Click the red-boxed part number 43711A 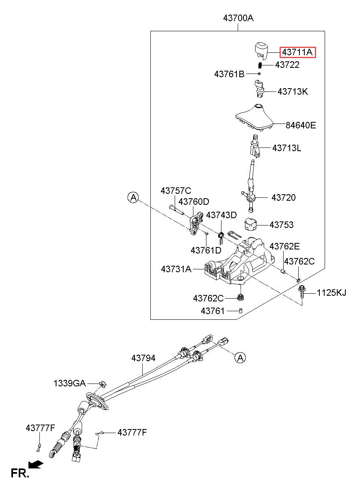click(297, 52)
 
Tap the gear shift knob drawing click(261, 50)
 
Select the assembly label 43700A click(239, 18)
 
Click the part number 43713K click(293, 91)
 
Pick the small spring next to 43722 click(260, 65)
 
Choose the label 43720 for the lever click(284, 197)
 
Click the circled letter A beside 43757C click(133, 198)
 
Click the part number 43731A click(176, 269)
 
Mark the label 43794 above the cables click(143, 358)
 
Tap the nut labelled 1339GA click(102, 384)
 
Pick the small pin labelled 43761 click(241, 310)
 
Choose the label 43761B click(229, 74)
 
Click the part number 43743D click(221, 215)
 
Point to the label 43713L click(286, 148)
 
